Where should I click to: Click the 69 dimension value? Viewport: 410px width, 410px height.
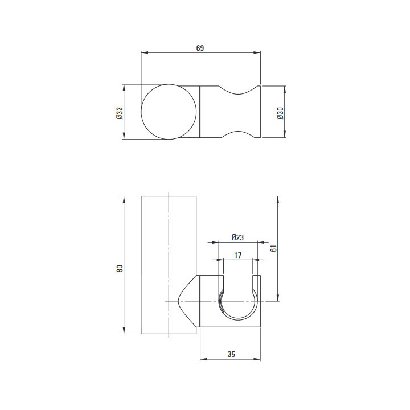pos(200,48)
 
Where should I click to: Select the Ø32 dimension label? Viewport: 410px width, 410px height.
pos(120,113)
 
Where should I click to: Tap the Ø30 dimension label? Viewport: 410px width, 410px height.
pos(280,113)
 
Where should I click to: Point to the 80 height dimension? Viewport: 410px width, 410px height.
pos(120,269)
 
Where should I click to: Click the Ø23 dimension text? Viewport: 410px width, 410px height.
pos(237,237)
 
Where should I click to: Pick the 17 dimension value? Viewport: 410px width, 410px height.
pos(237,255)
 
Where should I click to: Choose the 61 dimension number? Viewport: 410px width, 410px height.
pos(273,248)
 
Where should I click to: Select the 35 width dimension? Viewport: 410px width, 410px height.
pos(231,354)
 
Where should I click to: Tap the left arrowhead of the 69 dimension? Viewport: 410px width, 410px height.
pos(145,52)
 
